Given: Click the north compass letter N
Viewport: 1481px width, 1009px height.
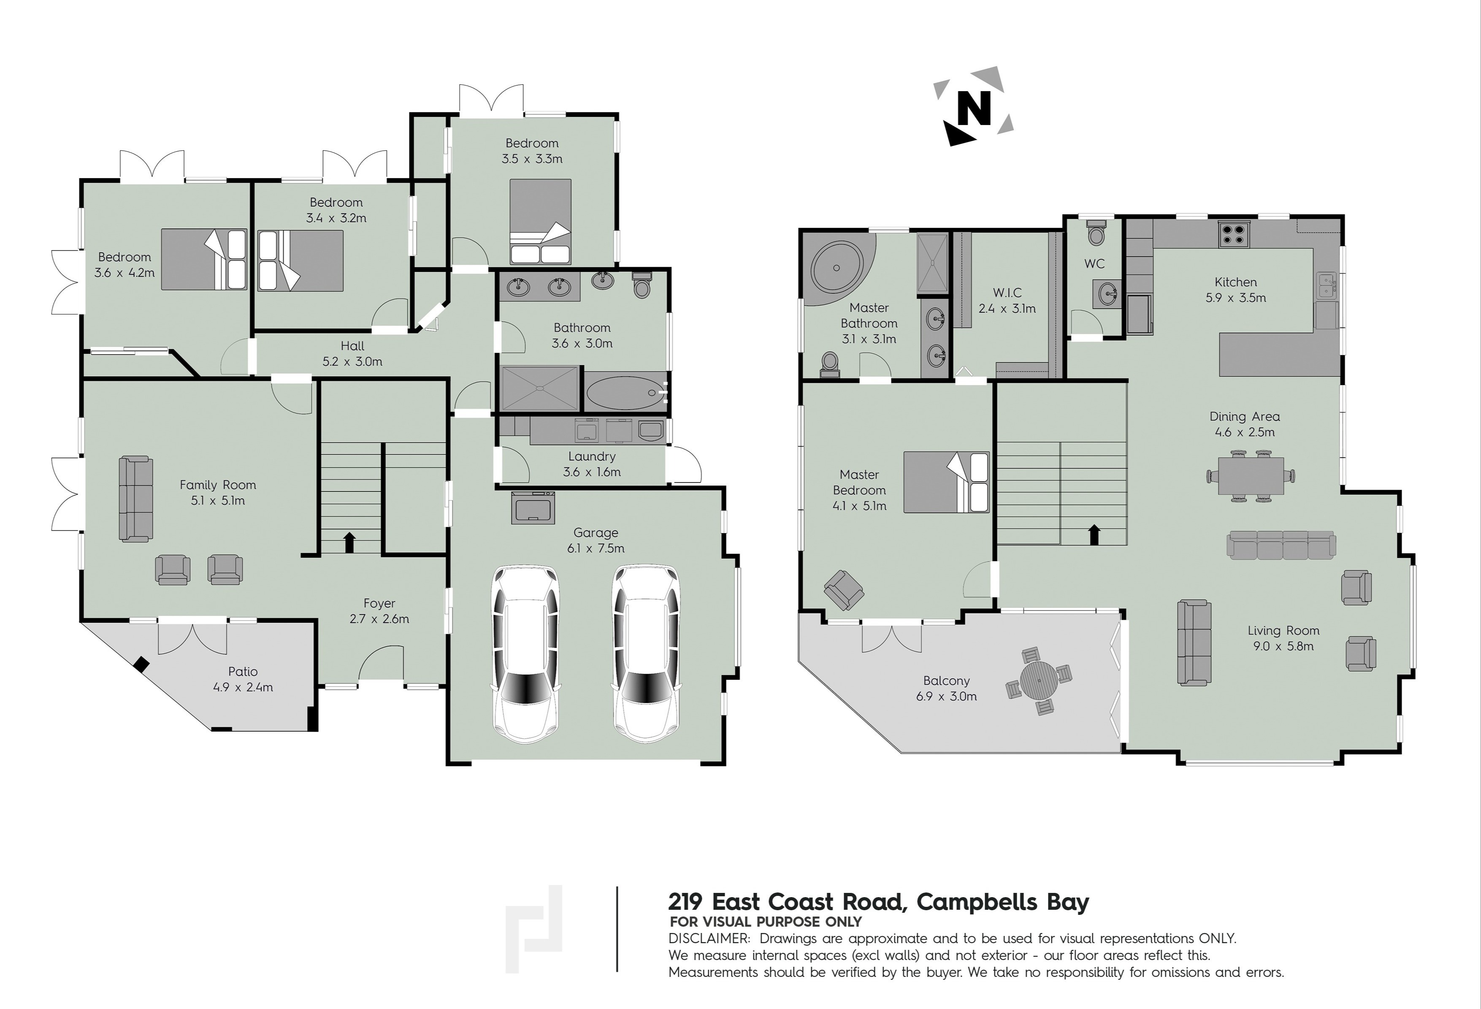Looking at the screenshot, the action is (974, 108).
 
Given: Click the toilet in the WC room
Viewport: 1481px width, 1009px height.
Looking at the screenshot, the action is (1096, 233).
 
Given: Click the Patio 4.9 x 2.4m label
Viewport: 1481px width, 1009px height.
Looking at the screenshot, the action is (243, 679).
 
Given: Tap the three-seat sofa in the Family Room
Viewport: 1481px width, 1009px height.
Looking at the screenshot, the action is (136, 499).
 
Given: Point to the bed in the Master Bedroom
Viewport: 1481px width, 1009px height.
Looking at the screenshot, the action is (946, 482).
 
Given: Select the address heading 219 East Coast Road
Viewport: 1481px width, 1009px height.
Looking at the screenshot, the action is (879, 902).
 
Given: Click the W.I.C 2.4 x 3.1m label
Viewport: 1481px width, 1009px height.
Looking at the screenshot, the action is (1007, 300).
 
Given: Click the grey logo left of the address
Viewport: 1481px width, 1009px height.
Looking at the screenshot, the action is (534, 929).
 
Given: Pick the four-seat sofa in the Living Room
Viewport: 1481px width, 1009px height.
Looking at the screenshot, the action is (1281, 545).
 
